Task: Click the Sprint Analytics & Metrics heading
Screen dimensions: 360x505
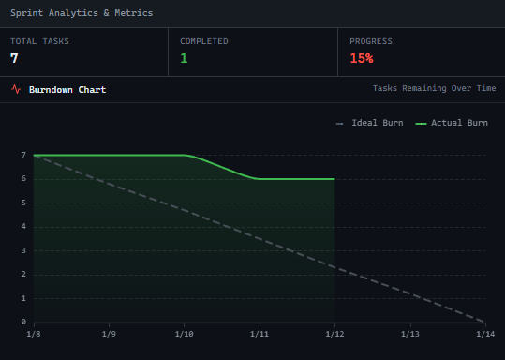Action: (82, 13)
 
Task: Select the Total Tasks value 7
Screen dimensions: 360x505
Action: (15, 58)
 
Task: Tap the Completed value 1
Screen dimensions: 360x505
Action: (184, 58)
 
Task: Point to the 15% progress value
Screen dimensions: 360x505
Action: (362, 58)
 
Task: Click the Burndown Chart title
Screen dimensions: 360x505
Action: (67, 90)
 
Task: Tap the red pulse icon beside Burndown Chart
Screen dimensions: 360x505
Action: (16, 90)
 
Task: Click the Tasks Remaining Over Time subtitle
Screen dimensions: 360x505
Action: (434, 88)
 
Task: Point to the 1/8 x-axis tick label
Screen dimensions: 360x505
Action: (34, 334)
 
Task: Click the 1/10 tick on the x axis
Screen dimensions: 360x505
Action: (184, 334)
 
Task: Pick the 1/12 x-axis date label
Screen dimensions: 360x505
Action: (334, 334)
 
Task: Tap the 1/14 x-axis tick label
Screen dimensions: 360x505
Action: (484, 334)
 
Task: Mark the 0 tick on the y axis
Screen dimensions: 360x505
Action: (22, 322)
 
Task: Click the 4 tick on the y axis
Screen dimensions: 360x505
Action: (22, 226)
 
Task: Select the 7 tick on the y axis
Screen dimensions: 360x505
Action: (22, 155)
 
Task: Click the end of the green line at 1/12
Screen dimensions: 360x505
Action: (334, 179)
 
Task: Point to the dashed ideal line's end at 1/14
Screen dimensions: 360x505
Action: (484, 322)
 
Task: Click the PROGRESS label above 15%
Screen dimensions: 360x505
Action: (371, 41)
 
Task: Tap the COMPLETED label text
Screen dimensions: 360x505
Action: (204, 41)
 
